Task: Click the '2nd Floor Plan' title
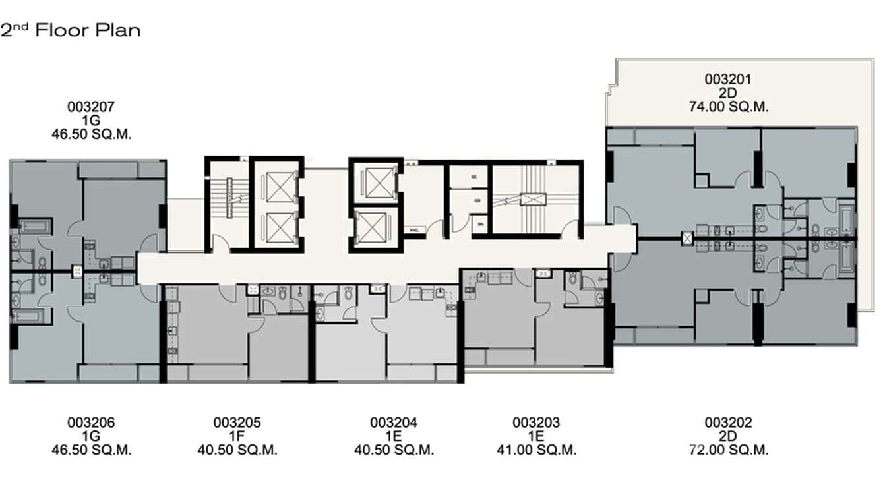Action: pos(71,30)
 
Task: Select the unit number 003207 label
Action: pos(92,106)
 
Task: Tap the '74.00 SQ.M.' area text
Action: pos(728,107)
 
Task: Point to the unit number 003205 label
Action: pos(237,423)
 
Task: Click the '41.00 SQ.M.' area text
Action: pos(536,451)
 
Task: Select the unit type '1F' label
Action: pos(237,436)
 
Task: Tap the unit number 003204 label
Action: pos(394,423)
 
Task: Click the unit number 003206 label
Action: pos(92,423)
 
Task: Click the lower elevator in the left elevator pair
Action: pos(276,227)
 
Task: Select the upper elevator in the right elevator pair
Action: pos(375,181)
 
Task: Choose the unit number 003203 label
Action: pos(536,423)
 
